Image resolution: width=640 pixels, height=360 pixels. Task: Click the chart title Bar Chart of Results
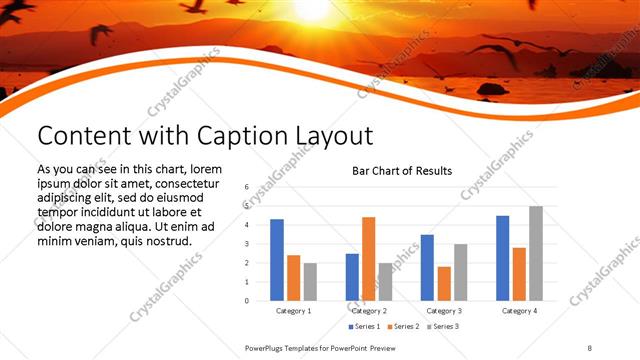(x=401, y=171)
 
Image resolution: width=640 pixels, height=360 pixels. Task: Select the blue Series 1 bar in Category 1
(x=277, y=260)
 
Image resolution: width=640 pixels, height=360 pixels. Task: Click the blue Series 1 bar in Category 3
(x=427, y=267)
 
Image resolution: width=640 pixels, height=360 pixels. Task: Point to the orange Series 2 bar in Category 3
(x=444, y=283)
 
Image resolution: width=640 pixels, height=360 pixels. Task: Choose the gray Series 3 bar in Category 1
(x=310, y=281)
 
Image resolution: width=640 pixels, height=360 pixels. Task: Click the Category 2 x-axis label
(x=369, y=311)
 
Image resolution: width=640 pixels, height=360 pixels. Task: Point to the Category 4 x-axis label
(x=519, y=311)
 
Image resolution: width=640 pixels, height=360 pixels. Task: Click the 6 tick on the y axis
(x=246, y=187)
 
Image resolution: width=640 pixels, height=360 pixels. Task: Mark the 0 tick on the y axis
(x=246, y=300)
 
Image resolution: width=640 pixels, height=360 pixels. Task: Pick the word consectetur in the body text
(x=186, y=184)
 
